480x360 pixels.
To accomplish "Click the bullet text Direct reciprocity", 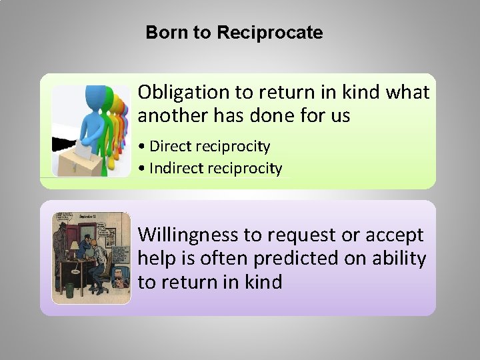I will [x=210, y=146].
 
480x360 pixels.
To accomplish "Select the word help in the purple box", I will [x=154, y=259].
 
